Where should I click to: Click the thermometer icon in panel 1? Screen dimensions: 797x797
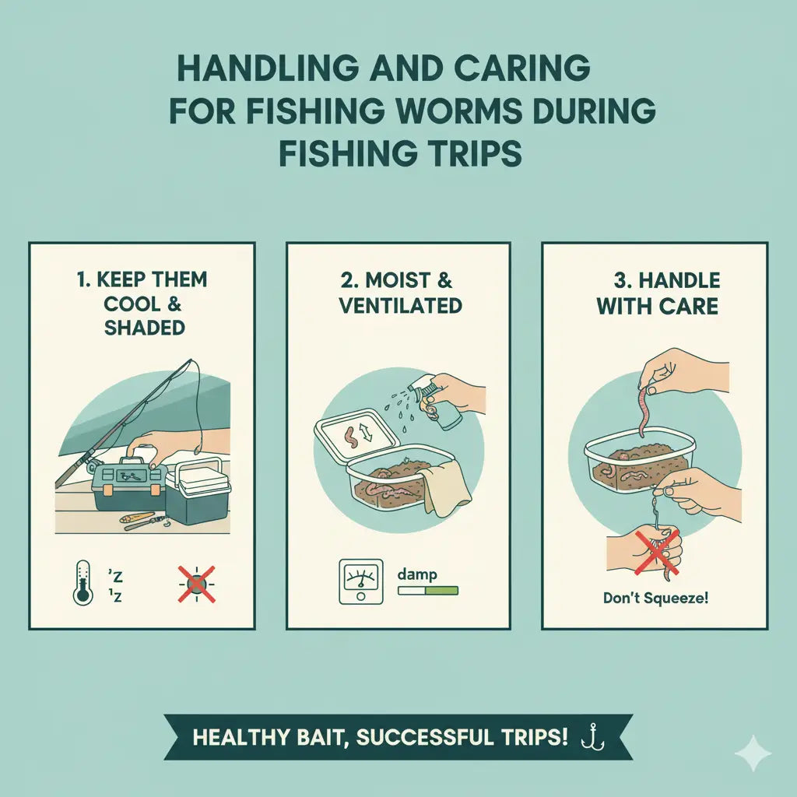[83, 583]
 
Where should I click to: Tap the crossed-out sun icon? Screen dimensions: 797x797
[196, 584]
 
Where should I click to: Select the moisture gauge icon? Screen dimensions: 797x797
[361, 581]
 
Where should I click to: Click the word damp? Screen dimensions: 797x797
[417, 574]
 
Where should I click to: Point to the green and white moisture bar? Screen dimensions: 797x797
[428, 591]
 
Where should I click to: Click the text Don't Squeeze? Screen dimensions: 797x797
[655, 598]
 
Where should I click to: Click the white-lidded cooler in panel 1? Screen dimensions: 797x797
[198, 490]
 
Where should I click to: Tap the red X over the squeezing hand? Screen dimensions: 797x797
[656, 553]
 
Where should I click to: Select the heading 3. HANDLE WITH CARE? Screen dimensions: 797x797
[658, 293]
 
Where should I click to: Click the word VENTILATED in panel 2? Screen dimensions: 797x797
[401, 305]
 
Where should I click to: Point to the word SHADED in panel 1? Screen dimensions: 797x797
[144, 328]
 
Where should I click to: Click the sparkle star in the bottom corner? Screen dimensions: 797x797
[753, 753]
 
